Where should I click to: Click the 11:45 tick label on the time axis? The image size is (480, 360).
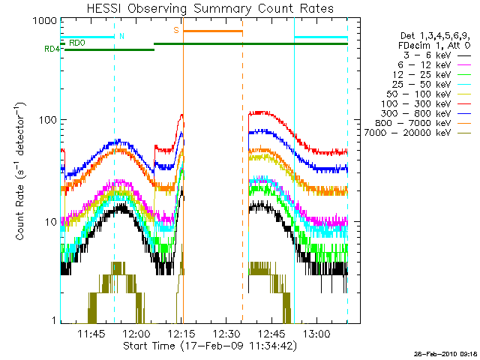(91, 334)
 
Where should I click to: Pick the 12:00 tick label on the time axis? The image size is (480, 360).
(136, 334)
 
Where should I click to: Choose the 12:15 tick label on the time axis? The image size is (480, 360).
(181, 334)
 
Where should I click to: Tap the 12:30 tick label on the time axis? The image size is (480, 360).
(226, 334)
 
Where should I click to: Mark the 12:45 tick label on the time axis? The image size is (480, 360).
(271, 334)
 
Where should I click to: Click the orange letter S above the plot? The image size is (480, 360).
(176, 30)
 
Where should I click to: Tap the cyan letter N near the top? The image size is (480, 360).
(122, 36)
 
